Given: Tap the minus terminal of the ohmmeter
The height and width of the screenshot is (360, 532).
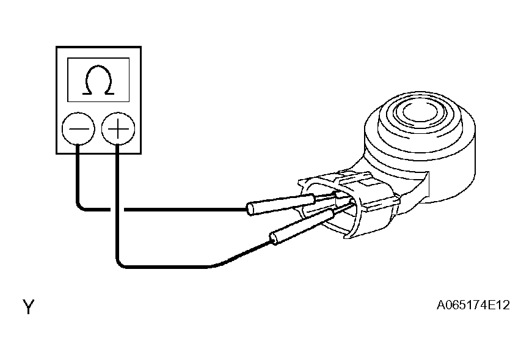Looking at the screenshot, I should [78, 130].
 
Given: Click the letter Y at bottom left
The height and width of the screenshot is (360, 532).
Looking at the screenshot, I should [28, 307].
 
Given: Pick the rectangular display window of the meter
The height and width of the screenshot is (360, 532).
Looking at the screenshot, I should [98, 79].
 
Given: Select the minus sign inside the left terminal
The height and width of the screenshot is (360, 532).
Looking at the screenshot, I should [78, 130].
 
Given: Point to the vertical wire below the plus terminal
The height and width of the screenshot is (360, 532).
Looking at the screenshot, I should [117, 202].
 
